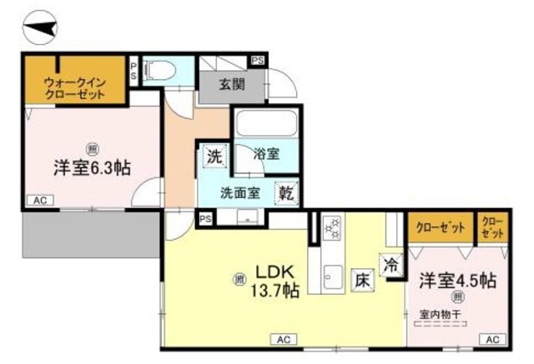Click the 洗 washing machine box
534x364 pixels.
pos(213,156)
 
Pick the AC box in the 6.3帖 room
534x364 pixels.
pos(39,201)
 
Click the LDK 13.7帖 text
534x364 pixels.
pos(275,282)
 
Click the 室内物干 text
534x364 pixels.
pos(446,313)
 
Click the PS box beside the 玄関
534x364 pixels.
pos(257,61)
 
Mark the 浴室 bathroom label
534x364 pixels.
pos(266,154)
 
